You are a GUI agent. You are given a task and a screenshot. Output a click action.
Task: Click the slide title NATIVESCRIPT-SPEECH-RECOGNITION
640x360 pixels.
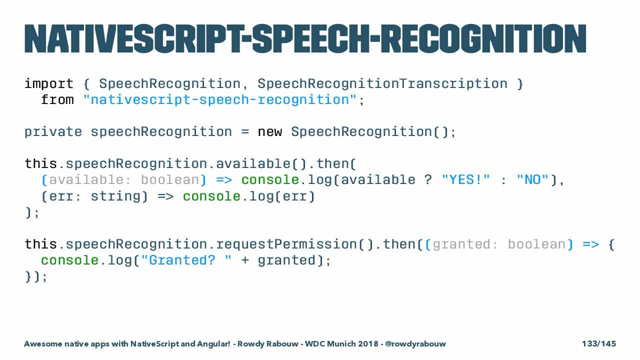305,39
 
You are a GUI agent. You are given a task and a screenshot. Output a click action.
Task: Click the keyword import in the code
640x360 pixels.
49,84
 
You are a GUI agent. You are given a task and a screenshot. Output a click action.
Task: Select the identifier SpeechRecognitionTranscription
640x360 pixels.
382,84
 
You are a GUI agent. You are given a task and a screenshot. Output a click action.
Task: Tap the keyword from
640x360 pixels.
57,99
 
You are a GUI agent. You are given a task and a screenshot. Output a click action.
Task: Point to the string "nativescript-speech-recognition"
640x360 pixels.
220,100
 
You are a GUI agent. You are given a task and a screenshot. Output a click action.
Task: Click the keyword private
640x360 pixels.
53,132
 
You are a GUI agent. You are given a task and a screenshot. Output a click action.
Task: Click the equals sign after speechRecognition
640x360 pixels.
245,132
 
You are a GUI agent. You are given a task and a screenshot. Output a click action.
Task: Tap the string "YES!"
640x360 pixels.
465,180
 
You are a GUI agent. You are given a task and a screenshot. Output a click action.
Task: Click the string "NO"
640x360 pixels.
532,180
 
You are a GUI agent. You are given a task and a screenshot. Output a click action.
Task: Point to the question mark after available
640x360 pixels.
428,180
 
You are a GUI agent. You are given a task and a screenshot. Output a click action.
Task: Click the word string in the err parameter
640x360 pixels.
115,196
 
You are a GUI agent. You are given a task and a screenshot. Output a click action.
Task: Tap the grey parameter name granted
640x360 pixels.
461,244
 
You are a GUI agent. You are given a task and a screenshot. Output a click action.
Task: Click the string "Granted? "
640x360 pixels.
186,260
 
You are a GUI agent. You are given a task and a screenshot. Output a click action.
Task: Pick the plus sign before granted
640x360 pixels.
245,261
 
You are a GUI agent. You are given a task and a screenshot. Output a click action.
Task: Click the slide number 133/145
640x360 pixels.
599,343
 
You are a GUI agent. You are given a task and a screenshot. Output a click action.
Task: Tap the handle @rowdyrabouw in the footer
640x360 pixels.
415,343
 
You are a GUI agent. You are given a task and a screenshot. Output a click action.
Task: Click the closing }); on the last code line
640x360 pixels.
36,276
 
